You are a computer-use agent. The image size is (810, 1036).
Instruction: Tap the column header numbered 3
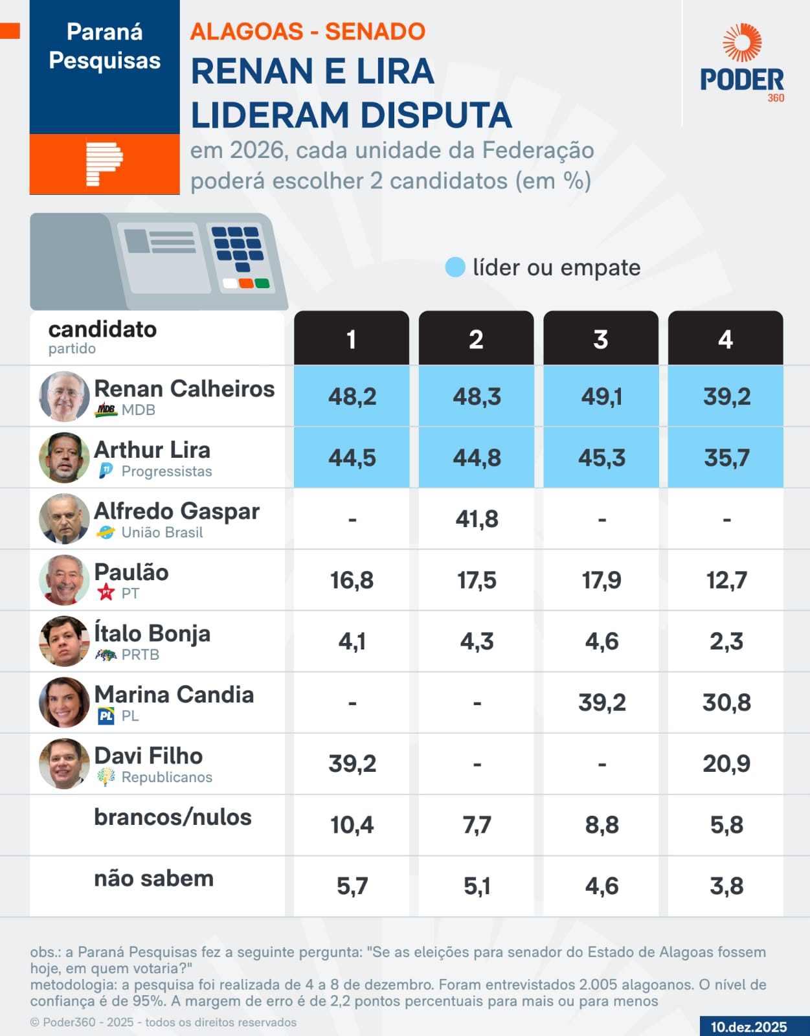[600, 339]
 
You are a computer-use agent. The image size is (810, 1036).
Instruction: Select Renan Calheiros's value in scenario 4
[726, 396]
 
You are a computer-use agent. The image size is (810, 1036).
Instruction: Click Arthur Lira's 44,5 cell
[352, 458]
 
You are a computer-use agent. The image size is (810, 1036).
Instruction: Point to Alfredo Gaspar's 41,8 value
[477, 519]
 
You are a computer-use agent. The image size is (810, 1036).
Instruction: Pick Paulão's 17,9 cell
[601, 580]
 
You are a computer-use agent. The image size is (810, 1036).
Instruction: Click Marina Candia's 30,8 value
[726, 703]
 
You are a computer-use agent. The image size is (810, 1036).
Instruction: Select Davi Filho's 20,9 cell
[726, 763]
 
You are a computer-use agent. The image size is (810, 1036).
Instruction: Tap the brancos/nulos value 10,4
[352, 825]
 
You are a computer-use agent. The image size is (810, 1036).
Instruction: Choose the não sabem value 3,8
[726, 886]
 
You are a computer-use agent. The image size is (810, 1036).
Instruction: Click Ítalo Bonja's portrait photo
[64, 641]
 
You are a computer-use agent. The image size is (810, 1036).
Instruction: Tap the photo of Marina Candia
[64, 702]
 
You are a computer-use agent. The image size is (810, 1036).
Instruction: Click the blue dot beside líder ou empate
[455, 267]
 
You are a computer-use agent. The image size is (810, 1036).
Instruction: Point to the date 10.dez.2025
[748, 1026]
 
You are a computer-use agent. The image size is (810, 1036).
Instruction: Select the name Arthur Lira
[152, 449]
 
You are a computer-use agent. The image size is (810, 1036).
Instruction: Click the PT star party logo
[106, 592]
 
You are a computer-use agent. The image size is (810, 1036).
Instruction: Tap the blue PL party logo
[106, 715]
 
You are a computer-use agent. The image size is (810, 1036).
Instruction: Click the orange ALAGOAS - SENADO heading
[308, 31]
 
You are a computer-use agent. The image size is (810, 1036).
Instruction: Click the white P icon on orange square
[104, 164]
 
